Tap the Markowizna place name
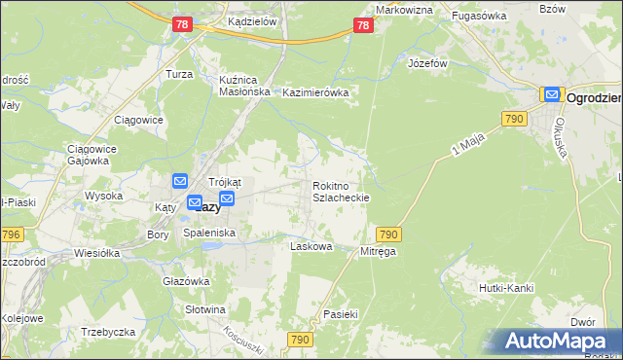[x=403, y=10]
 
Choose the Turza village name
[x=178, y=75]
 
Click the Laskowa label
[x=311, y=247]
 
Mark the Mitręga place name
[x=379, y=251]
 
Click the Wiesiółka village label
[x=96, y=253]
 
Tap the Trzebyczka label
[x=107, y=332]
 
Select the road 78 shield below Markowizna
[x=362, y=27]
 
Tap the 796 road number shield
[x=11, y=234]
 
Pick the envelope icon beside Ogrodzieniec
[x=552, y=95]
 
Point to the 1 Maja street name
[x=467, y=147]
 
